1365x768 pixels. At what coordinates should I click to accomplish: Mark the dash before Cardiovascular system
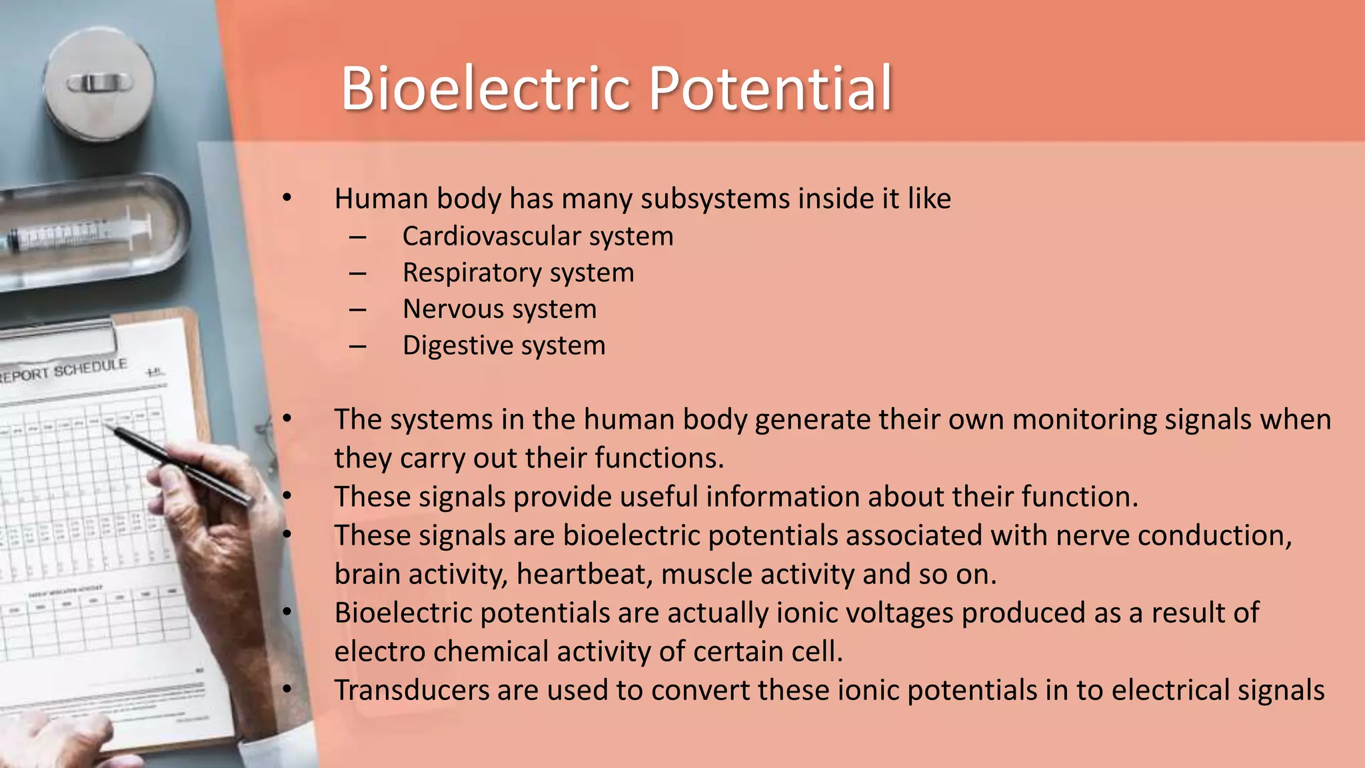pyautogui.click(x=358, y=237)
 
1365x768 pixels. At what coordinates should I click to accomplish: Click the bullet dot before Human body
pyautogui.click(x=287, y=198)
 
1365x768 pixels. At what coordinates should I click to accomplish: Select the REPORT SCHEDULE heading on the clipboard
pyautogui.click(x=63, y=371)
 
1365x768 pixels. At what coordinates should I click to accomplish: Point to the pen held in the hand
pyautogui.click(x=180, y=463)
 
